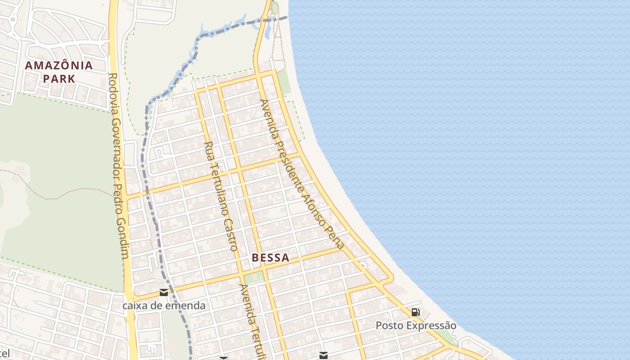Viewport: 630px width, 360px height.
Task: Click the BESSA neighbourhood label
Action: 270,258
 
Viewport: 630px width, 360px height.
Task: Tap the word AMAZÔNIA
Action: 59,65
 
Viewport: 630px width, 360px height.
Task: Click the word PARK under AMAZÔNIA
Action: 59,79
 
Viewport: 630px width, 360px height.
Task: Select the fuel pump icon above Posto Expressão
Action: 416,312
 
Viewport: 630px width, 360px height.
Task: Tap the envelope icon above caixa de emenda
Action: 164,292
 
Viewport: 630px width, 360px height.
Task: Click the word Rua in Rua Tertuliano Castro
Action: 208,148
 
